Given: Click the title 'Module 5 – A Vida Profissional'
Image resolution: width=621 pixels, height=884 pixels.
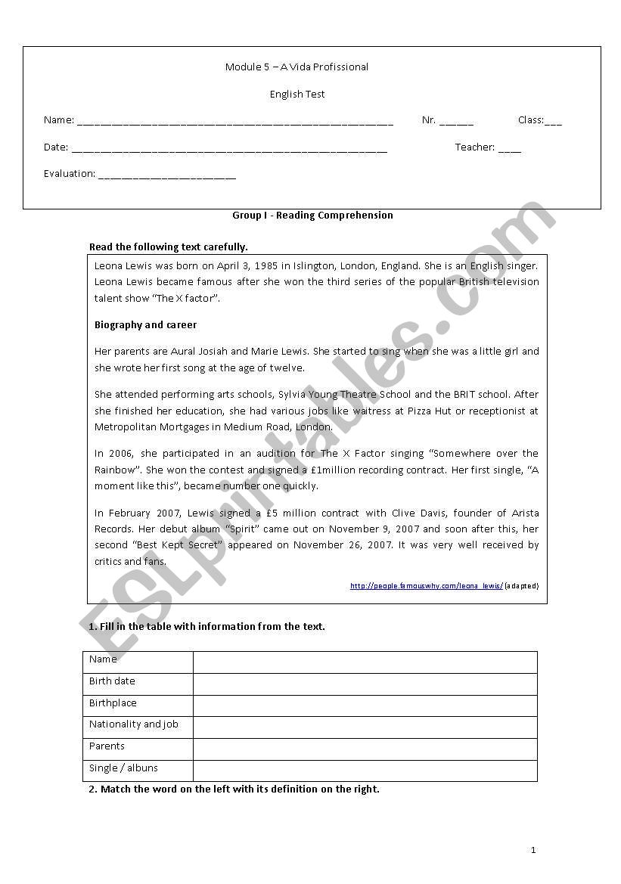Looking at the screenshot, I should pos(297,67).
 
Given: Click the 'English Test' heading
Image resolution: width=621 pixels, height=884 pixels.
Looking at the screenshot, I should pos(297,95).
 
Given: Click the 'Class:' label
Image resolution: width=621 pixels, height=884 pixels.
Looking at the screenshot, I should pos(530,120).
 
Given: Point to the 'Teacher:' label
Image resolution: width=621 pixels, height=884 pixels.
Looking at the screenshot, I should pos(474,147).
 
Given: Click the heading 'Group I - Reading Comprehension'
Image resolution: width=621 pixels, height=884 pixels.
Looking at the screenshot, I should pos(312,216).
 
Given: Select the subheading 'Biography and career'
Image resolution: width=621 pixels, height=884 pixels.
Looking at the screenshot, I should pos(145,325).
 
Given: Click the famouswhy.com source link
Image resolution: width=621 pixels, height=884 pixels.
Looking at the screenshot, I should pos(426,586).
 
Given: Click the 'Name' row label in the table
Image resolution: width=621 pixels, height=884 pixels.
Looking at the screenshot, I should pos(103,659).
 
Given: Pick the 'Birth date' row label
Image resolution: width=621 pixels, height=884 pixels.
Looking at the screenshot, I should pos(112,681).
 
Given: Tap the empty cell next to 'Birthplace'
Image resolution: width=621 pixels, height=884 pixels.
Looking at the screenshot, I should pos(365,706).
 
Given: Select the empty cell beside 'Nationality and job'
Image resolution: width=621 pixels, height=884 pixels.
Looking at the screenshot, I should pos(365,727).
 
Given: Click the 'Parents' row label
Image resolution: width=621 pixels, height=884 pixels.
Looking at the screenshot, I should pos(107,746).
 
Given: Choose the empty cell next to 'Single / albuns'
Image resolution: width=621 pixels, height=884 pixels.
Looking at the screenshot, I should pos(365,771).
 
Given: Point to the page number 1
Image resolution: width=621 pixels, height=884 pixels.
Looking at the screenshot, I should pos(533,850).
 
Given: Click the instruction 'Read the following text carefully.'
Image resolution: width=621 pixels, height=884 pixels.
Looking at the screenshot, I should pos(169,247).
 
